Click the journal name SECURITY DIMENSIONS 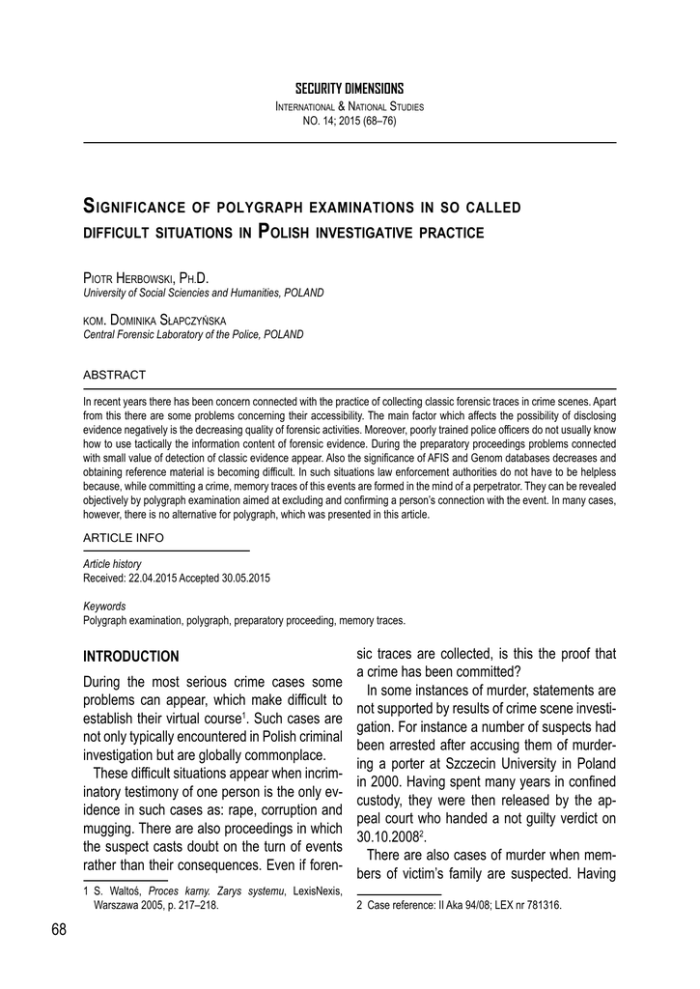click(350, 89)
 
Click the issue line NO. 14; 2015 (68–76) click(350, 121)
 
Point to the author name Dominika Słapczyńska click(166, 320)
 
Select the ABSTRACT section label click(114, 375)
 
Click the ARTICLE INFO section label click(124, 537)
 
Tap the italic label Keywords click(104, 607)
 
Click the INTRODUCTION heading click(131, 657)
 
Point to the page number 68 click(59, 930)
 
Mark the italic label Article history click(113, 563)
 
